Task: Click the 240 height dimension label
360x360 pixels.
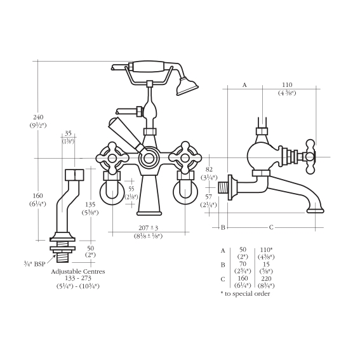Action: [x=38, y=117]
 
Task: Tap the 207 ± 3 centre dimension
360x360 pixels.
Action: [x=149, y=228]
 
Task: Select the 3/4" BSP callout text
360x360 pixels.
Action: [x=34, y=264]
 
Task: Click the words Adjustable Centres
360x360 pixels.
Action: [x=78, y=272]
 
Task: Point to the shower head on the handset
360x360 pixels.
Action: [x=187, y=86]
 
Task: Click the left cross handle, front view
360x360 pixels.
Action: [x=112, y=158]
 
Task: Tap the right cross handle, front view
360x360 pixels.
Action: [x=185, y=158]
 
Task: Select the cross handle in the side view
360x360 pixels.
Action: [x=310, y=157]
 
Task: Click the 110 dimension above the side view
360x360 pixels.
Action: [x=287, y=84]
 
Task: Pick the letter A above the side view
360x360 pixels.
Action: [x=244, y=85]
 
